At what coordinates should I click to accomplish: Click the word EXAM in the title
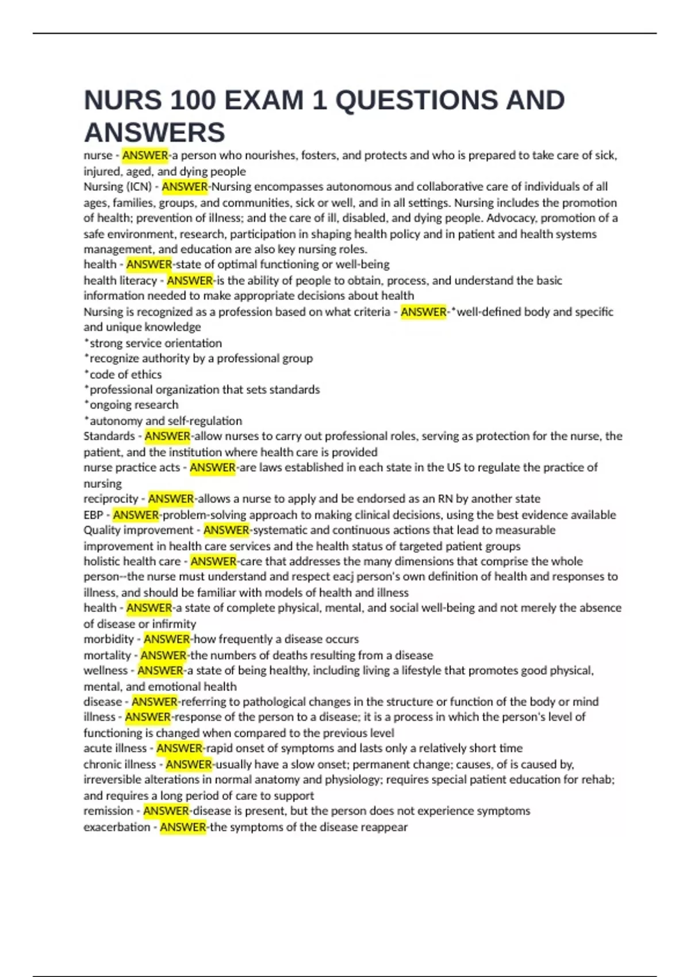263,101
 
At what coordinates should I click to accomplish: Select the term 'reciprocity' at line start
111,499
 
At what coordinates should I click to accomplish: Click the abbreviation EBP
93,515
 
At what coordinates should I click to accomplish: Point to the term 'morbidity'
109,639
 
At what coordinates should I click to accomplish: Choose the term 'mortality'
108,655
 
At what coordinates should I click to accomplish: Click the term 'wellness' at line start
106,671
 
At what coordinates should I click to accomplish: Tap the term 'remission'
108,811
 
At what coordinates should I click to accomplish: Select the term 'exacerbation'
117,827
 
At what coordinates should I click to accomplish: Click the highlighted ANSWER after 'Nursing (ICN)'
185,187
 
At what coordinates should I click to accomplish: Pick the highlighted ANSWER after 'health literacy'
190,280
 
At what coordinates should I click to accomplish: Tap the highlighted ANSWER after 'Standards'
167,436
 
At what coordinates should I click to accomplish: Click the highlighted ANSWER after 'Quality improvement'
227,530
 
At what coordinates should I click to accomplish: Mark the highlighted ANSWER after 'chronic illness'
189,764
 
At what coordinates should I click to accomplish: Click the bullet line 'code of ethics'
125,374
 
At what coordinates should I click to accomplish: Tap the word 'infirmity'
174,624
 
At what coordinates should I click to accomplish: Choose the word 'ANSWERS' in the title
155,133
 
